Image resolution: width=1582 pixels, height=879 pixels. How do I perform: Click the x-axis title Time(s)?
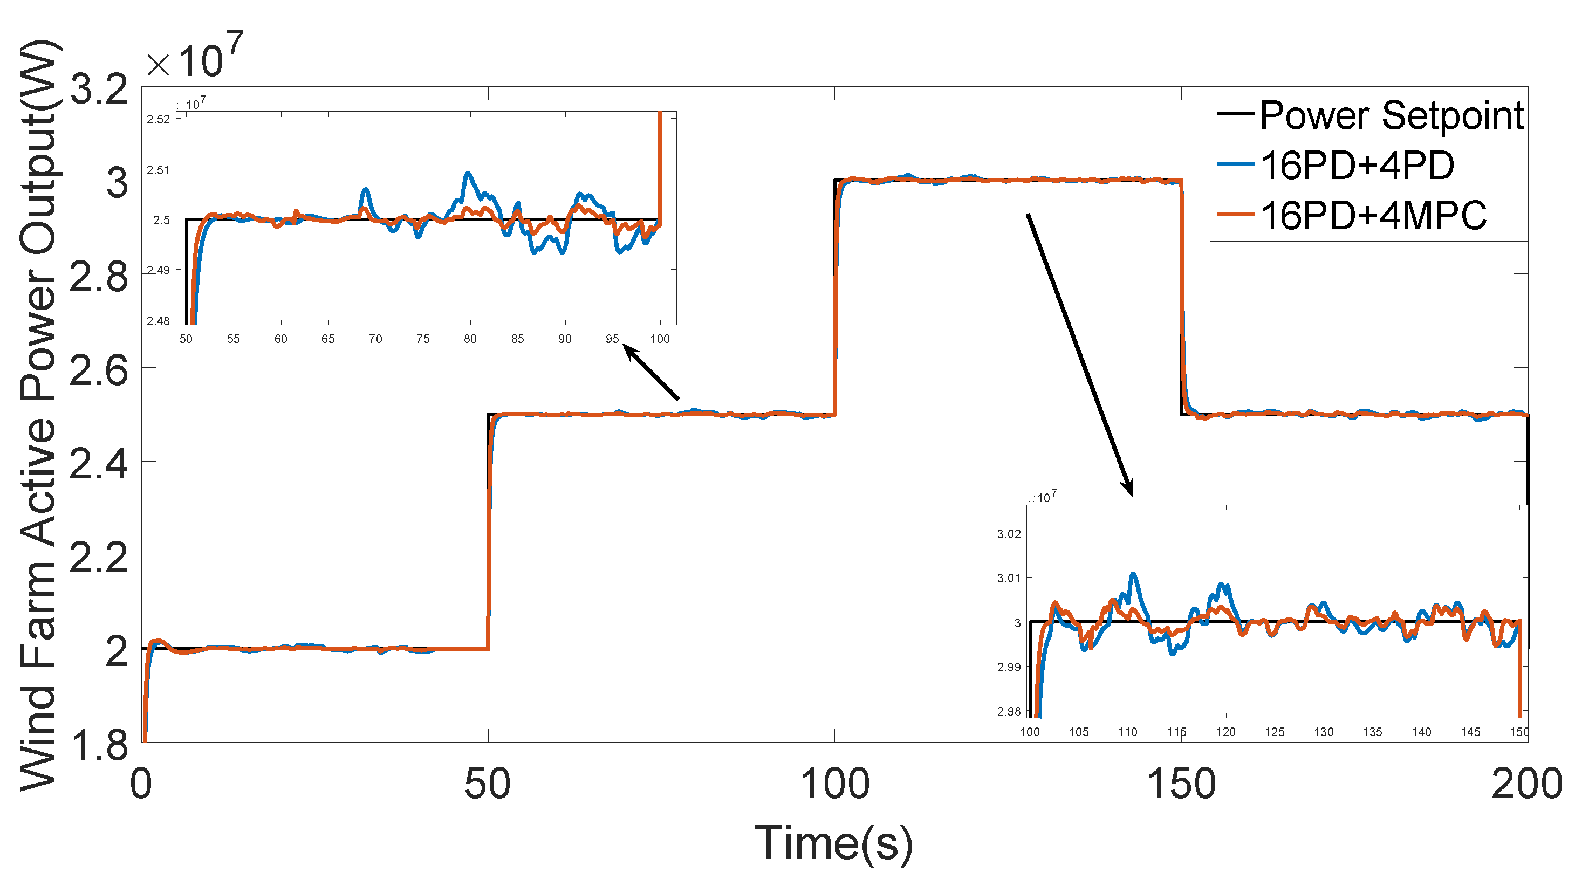click(833, 844)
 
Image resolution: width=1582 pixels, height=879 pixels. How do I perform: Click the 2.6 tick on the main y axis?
click(98, 371)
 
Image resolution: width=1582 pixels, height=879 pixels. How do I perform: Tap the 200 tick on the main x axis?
click(1526, 784)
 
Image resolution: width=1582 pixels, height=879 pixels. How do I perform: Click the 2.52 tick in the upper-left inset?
click(158, 119)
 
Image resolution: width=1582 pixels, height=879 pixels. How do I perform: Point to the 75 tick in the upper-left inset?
click(422, 339)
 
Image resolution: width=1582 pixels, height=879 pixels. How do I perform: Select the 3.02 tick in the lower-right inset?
click(1009, 534)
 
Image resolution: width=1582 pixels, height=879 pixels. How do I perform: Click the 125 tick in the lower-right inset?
click(1275, 732)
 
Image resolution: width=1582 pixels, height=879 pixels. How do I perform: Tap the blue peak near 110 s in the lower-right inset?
click(1133, 574)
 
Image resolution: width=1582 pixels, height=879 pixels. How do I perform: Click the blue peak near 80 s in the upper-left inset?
click(469, 174)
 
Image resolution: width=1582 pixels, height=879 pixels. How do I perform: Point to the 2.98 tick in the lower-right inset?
click(1009, 711)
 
